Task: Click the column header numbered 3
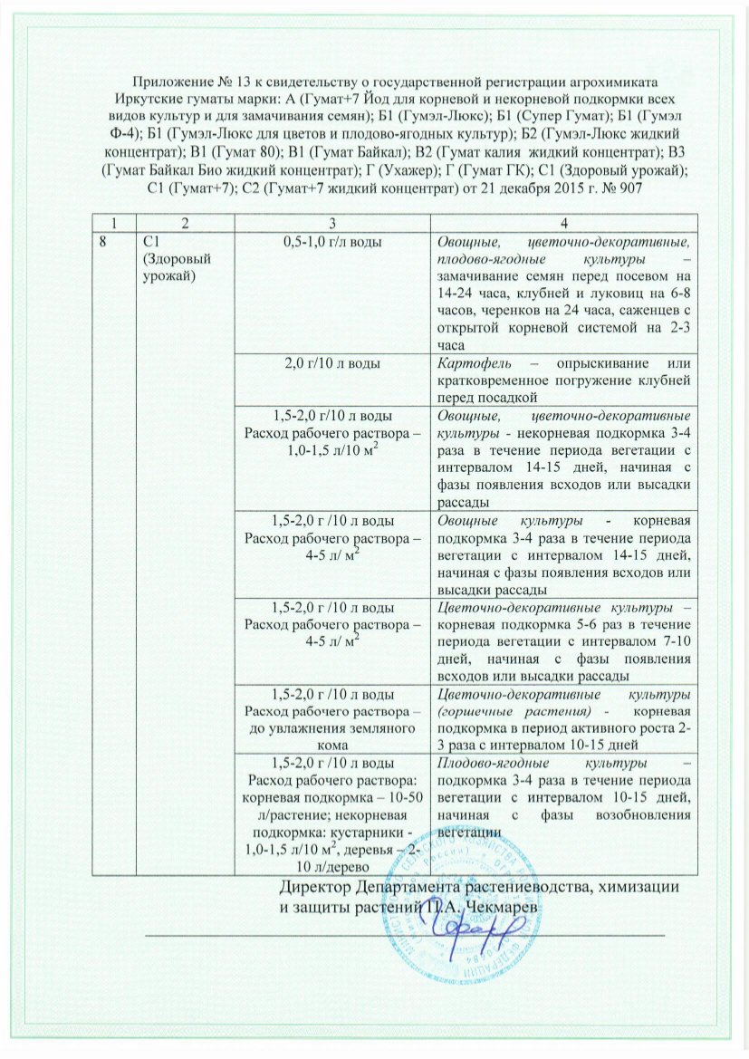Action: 333,223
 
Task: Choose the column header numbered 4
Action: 563,223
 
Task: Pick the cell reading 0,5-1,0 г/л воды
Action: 333,242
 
